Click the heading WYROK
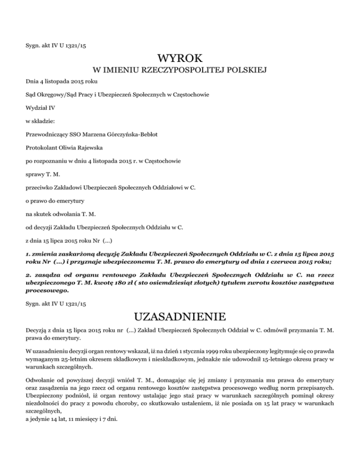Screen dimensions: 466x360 coord(180,59)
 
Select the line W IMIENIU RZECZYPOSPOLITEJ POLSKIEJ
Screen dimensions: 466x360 coord(180,71)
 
